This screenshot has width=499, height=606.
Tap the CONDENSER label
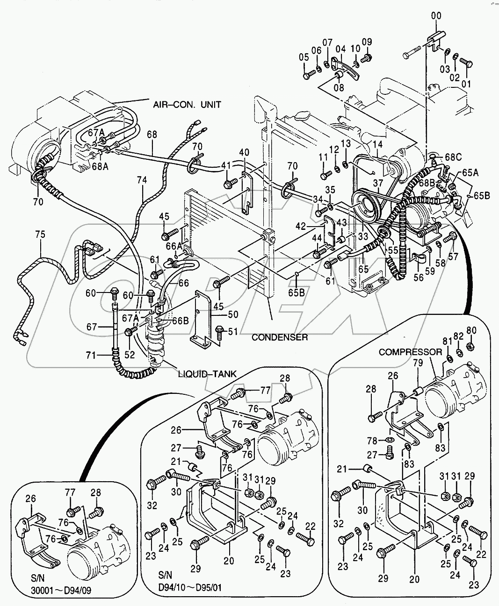tap(280, 337)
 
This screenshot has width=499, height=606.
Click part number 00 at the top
tap(435, 16)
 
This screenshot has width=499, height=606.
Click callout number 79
tap(418, 363)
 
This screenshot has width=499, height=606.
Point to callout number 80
tap(471, 331)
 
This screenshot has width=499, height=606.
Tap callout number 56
tap(419, 277)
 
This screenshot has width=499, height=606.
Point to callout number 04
tap(340, 49)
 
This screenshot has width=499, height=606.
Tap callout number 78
tap(372, 441)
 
